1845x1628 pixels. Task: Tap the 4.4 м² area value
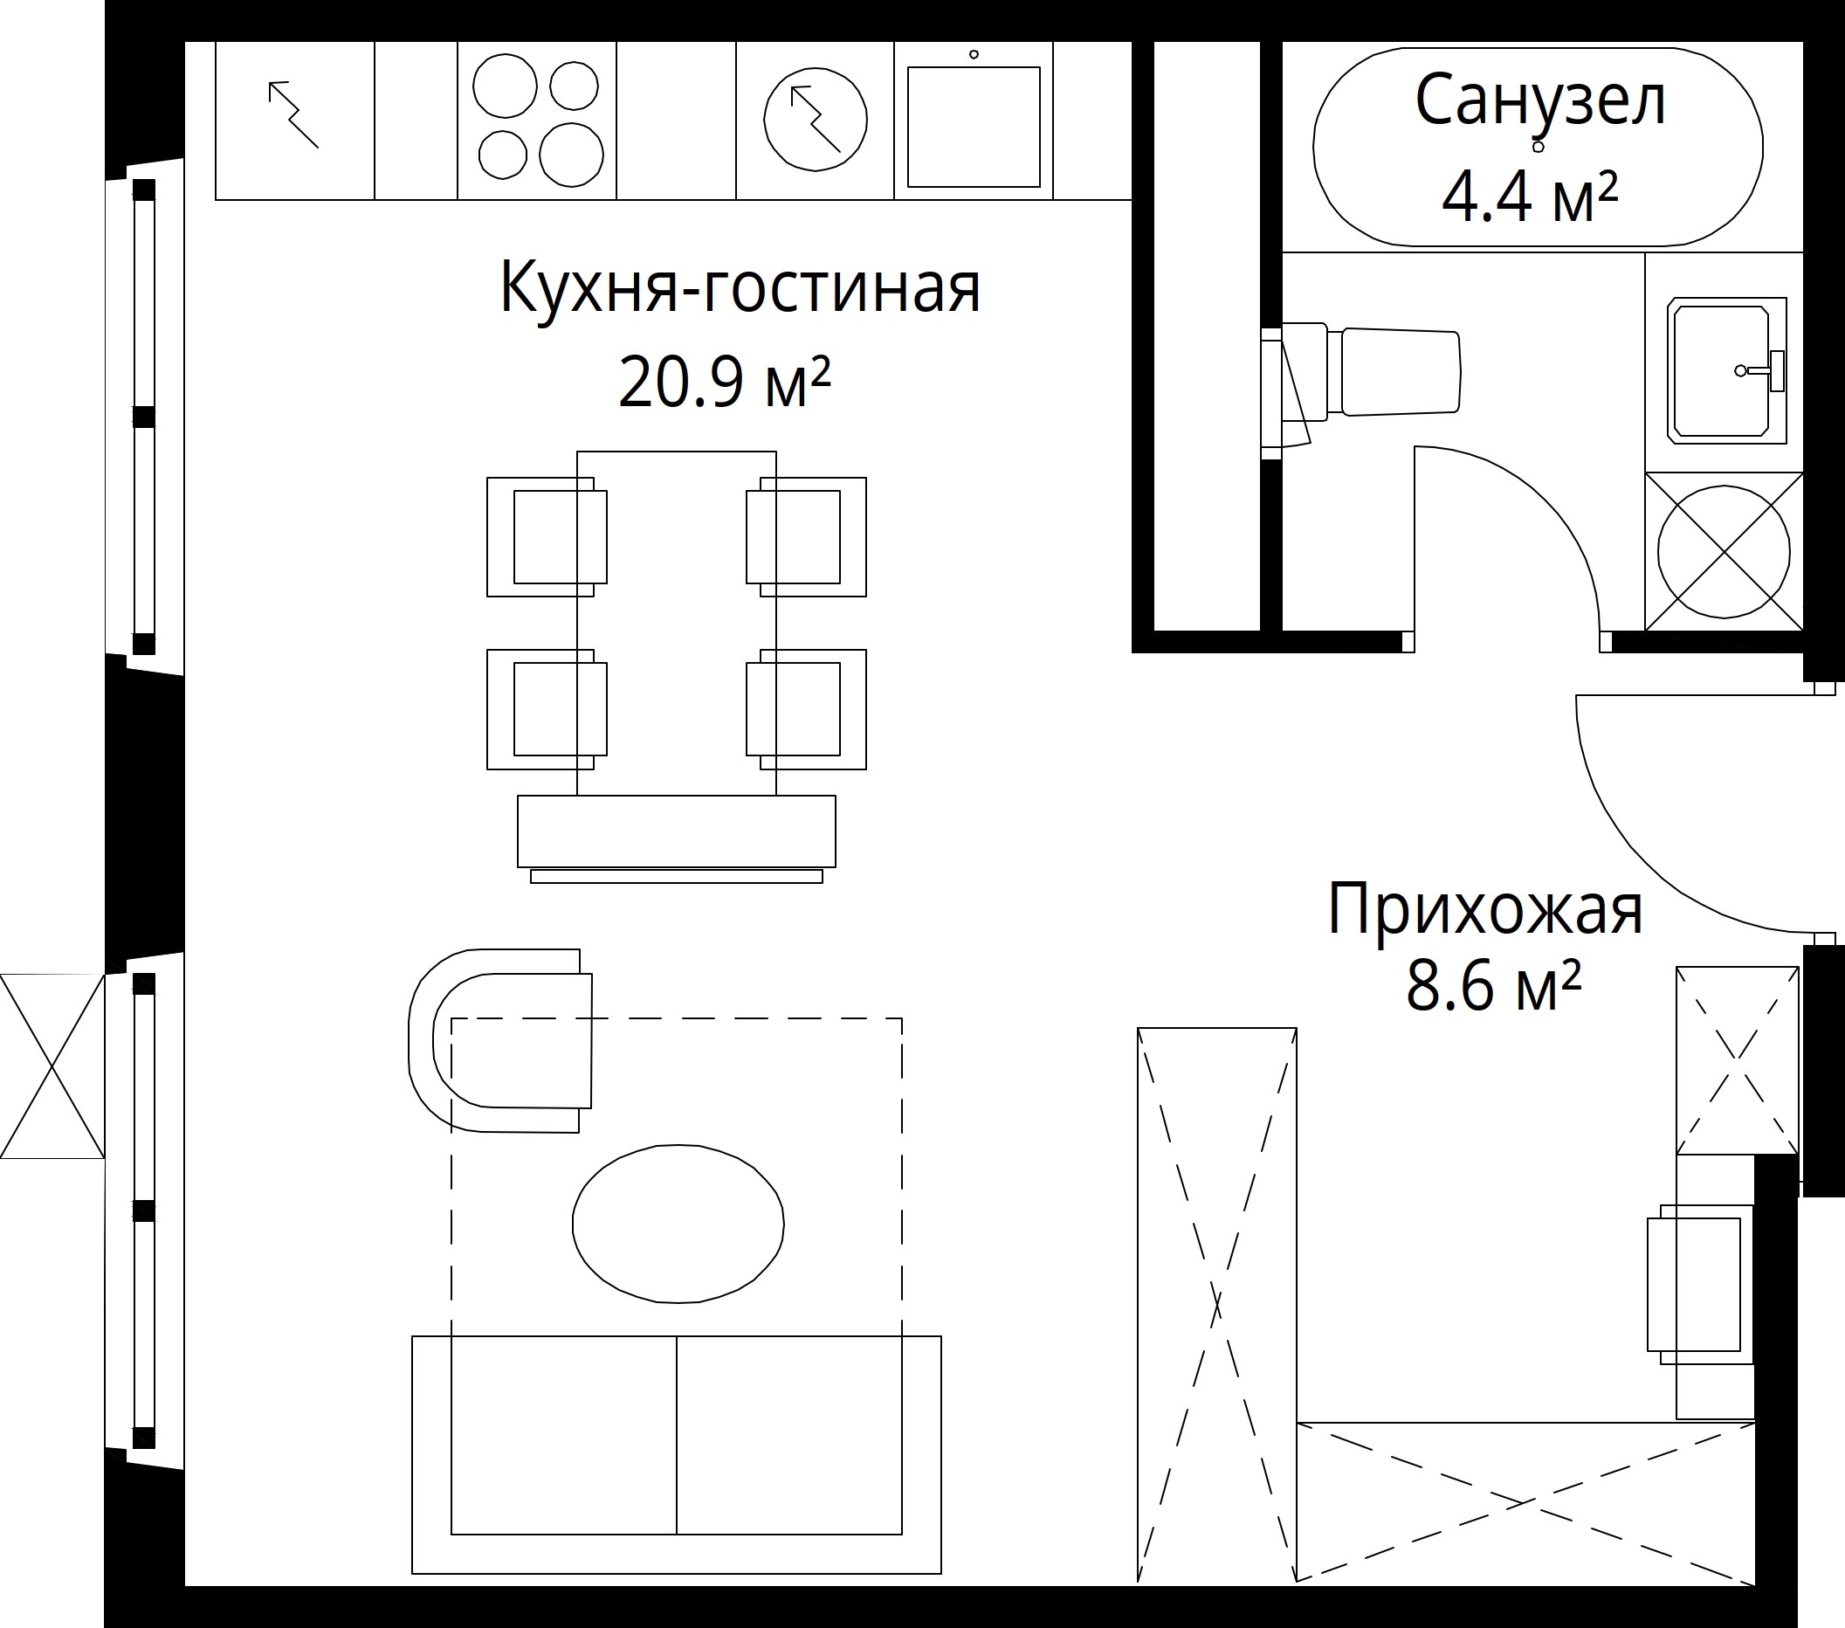pyautogui.click(x=1530, y=197)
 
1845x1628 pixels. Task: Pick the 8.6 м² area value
pyautogui.click(x=1494, y=986)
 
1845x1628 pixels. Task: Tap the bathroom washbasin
pyautogui.click(x=1727, y=370)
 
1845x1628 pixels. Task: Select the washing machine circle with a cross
pyautogui.click(x=1724, y=552)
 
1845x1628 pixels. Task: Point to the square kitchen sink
pyautogui.click(x=974, y=127)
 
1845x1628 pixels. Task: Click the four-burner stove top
pyautogui.click(x=538, y=119)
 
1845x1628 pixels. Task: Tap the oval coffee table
pyautogui.click(x=678, y=1224)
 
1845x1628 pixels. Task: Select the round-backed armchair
pyautogui.click(x=500, y=1040)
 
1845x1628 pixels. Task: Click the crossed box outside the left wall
pyautogui.click(x=52, y=1066)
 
